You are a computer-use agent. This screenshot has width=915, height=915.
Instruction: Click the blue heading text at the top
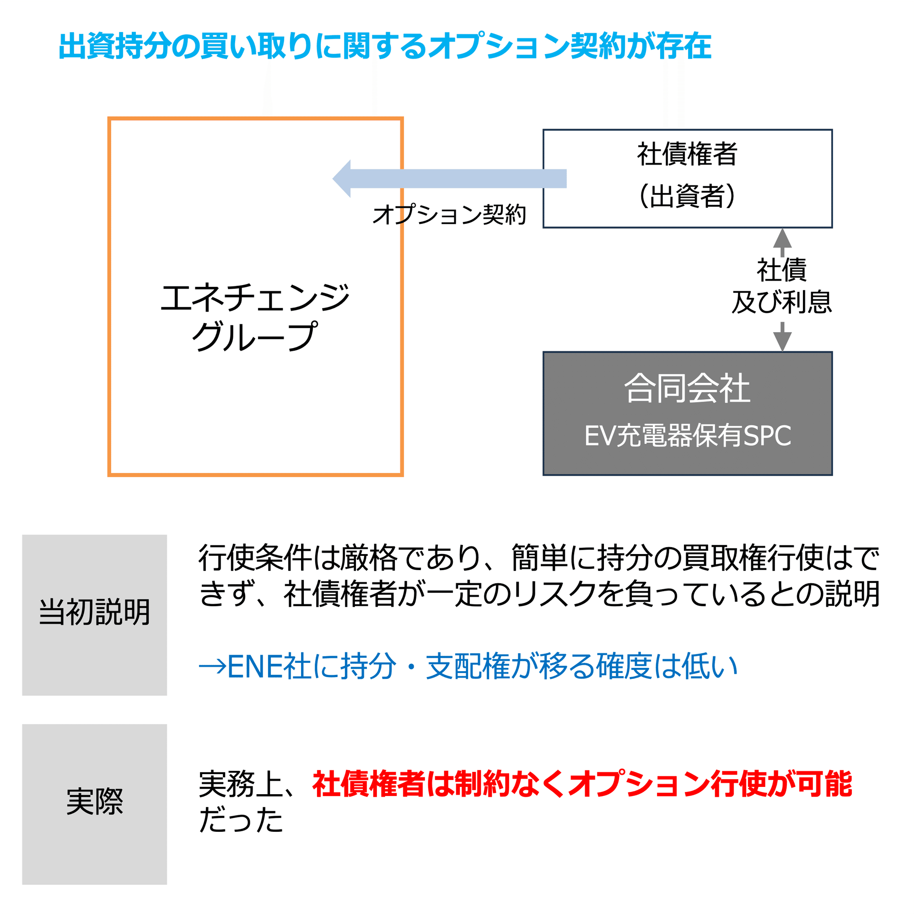tap(385, 46)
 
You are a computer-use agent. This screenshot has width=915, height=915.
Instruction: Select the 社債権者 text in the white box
tap(687, 154)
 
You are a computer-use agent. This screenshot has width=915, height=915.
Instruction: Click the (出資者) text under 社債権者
tap(687, 196)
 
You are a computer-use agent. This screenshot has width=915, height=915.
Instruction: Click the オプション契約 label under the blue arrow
tap(449, 215)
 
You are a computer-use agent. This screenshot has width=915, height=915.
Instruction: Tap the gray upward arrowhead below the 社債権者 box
tap(782, 238)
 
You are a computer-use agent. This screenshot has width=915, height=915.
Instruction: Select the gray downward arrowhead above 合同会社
tap(782, 340)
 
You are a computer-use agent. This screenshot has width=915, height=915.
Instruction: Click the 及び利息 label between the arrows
tap(781, 302)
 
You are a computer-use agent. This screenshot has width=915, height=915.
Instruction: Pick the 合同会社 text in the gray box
tap(687, 388)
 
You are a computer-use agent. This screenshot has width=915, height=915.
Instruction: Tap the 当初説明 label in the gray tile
tap(94, 612)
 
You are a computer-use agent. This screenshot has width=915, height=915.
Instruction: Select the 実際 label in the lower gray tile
tap(94, 802)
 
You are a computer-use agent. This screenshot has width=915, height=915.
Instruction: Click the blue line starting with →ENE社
tap(468, 667)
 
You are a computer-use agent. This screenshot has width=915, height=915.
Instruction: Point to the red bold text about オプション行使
tap(581, 784)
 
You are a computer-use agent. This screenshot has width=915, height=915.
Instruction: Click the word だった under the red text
tap(241, 820)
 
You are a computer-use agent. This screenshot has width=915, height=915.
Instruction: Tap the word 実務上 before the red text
tap(241, 784)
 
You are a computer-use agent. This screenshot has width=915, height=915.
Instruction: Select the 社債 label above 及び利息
tap(781, 270)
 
